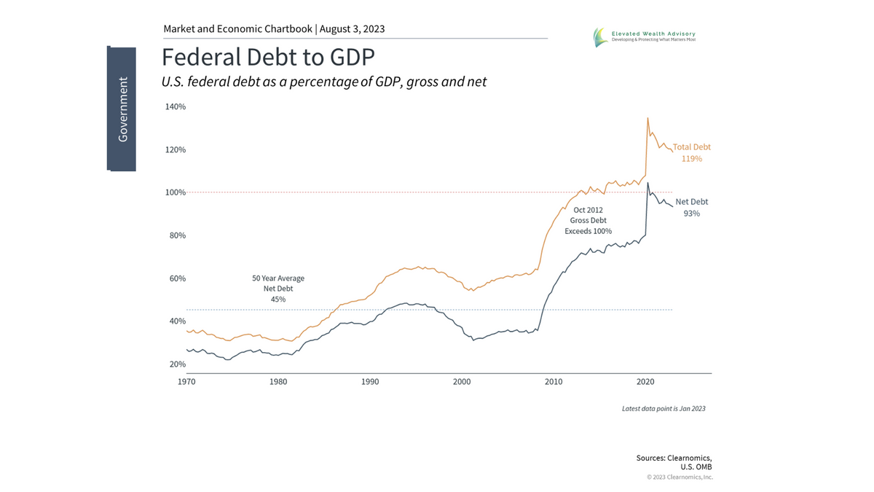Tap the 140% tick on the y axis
[176, 106]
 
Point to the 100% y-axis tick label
[176, 192]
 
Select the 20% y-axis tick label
[178, 364]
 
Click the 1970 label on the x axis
[186, 381]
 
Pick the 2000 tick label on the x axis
[462, 381]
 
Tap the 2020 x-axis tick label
[645, 381]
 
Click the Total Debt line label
[691, 147]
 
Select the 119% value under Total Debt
[691, 158]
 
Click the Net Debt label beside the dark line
[691, 202]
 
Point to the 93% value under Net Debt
[691, 214]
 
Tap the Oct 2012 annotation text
[588, 209]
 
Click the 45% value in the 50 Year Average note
[277, 299]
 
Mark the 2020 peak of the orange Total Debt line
[647, 118]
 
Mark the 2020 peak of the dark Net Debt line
[647, 183]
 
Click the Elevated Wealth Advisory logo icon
[599, 37]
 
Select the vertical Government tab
[122, 109]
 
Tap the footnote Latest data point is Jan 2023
[664, 409]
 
